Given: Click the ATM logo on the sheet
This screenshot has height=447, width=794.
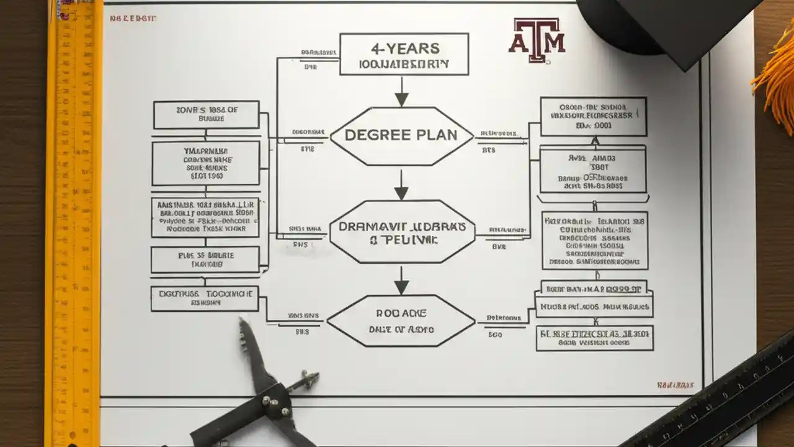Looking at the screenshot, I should click(x=537, y=40).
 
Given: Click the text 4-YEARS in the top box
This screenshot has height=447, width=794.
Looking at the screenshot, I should click(x=404, y=48).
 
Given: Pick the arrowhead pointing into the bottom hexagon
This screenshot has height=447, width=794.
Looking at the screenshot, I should click(x=402, y=286).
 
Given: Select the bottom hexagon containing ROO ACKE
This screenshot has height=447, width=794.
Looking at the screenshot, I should click(x=401, y=320).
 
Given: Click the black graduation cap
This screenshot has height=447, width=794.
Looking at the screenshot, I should click(x=670, y=25).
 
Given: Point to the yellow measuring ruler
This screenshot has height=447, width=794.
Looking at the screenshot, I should click(x=73, y=223).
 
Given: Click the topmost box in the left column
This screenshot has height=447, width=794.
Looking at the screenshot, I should click(x=207, y=115).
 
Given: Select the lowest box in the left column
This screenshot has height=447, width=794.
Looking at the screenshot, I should click(x=205, y=298).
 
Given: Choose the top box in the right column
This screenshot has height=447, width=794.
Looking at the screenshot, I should click(x=593, y=116).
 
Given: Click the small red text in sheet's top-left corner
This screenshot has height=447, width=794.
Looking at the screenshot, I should click(x=133, y=19).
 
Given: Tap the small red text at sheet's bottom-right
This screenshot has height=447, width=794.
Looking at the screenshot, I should click(x=675, y=385).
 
